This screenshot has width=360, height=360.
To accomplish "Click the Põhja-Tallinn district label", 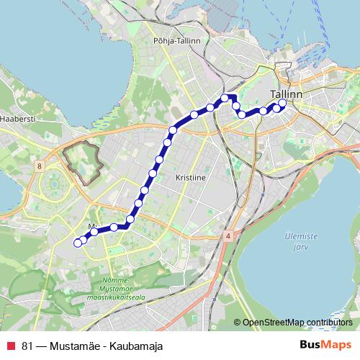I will tap(176, 41).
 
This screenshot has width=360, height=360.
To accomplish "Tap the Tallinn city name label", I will tap(286, 94).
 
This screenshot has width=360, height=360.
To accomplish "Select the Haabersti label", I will tap(18, 118).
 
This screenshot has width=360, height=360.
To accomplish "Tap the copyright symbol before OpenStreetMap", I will tap(237, 322).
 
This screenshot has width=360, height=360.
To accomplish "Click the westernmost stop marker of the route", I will tap(78, 243).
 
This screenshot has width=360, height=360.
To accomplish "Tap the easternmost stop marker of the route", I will tap(282, 103).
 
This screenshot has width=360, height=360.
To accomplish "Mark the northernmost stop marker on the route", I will tap(225, 97).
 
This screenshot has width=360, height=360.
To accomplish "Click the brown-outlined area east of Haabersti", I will tap(84, 159).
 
